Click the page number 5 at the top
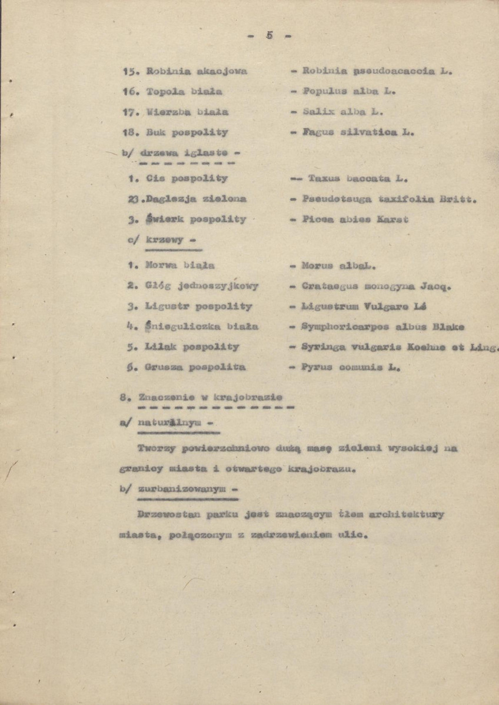(269, 35)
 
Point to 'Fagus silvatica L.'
(358, 132)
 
